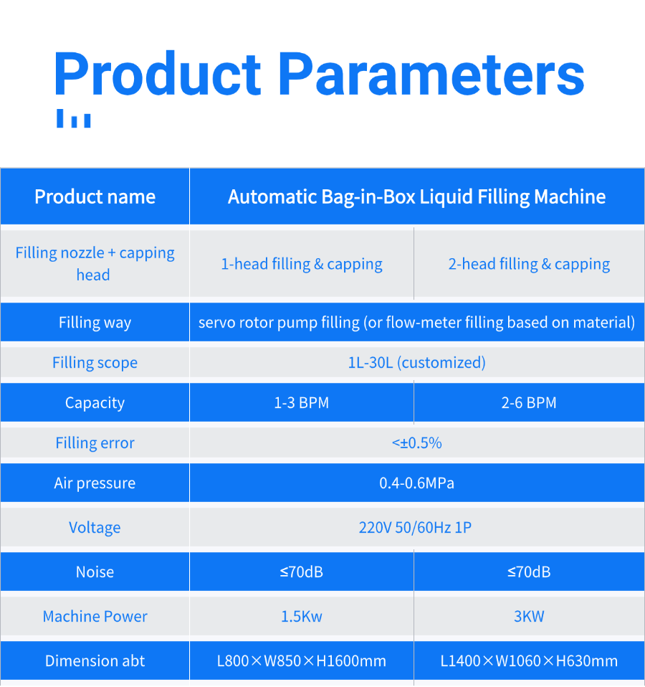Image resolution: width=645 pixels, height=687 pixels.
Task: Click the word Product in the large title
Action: tap(158, 74)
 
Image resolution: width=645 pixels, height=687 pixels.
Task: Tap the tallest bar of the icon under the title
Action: tap(60, 118)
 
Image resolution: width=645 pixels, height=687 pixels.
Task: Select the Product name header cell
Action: tap(95, 196)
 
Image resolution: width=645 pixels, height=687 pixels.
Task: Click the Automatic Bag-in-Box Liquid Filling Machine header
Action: tap(417, 196)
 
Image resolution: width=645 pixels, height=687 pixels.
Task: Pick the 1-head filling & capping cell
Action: tap(302, 264)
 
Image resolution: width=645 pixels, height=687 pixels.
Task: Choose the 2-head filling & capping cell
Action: tap(529, 264)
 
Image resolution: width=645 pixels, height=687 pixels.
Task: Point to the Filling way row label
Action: tap(95, 323)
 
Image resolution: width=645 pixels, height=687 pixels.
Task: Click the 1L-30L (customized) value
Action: tap(417, 363)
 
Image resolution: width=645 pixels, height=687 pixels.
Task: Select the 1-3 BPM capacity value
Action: tap(302, 402)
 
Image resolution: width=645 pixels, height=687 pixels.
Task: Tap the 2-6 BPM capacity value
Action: tap(529, 402)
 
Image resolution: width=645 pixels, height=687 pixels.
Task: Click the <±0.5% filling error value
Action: tap(417, 443)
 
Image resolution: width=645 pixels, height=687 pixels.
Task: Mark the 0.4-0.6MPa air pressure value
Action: tap(417, 483)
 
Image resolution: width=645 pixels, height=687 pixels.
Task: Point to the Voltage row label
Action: tap(95, 528)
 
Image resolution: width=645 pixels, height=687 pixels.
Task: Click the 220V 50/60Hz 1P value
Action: tap(415, 528)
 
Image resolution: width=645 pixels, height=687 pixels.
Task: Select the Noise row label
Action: tap(95, 572)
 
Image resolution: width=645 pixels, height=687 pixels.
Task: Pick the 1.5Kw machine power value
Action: tap(302, 617)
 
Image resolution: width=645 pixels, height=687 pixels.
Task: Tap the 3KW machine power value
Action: tap(529, 617)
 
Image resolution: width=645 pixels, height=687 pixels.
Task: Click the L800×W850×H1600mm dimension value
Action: tap(302, 661)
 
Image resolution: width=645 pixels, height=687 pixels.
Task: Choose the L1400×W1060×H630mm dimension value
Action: tap(529, 661)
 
